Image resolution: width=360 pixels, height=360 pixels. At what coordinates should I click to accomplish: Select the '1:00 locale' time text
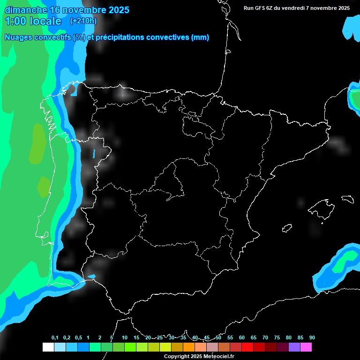pyautogui.click(x=33, y=21)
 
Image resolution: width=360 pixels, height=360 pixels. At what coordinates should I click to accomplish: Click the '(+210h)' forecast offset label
pyautogui.click(x=83, y=21)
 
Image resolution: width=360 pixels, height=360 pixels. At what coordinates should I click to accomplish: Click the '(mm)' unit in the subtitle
pyautogui.click(x=200, y=37)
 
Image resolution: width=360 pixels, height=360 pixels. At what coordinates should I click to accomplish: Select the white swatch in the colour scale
pyautogui.click(x=48, y=347)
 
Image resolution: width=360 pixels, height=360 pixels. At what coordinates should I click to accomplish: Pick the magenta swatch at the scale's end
pyautogui.click(x=306, y=347)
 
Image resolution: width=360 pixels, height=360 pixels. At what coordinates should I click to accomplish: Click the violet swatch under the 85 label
pyautogui.click(x=294, y=347)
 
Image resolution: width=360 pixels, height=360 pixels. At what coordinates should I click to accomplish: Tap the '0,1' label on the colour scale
pyautogui.click(x=55, y=338)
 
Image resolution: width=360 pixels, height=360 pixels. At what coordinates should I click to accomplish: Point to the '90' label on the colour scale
pyautogui.click(x=312, y=338)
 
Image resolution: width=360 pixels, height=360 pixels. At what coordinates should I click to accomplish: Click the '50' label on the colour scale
pyautogui.click(x=218, y=338)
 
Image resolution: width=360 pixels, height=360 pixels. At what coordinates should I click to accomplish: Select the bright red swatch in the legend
pyautogui.click(x=247, y=347)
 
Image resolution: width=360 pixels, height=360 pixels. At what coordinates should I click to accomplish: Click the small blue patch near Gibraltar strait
pyautogui.click(x=91, y=276)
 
